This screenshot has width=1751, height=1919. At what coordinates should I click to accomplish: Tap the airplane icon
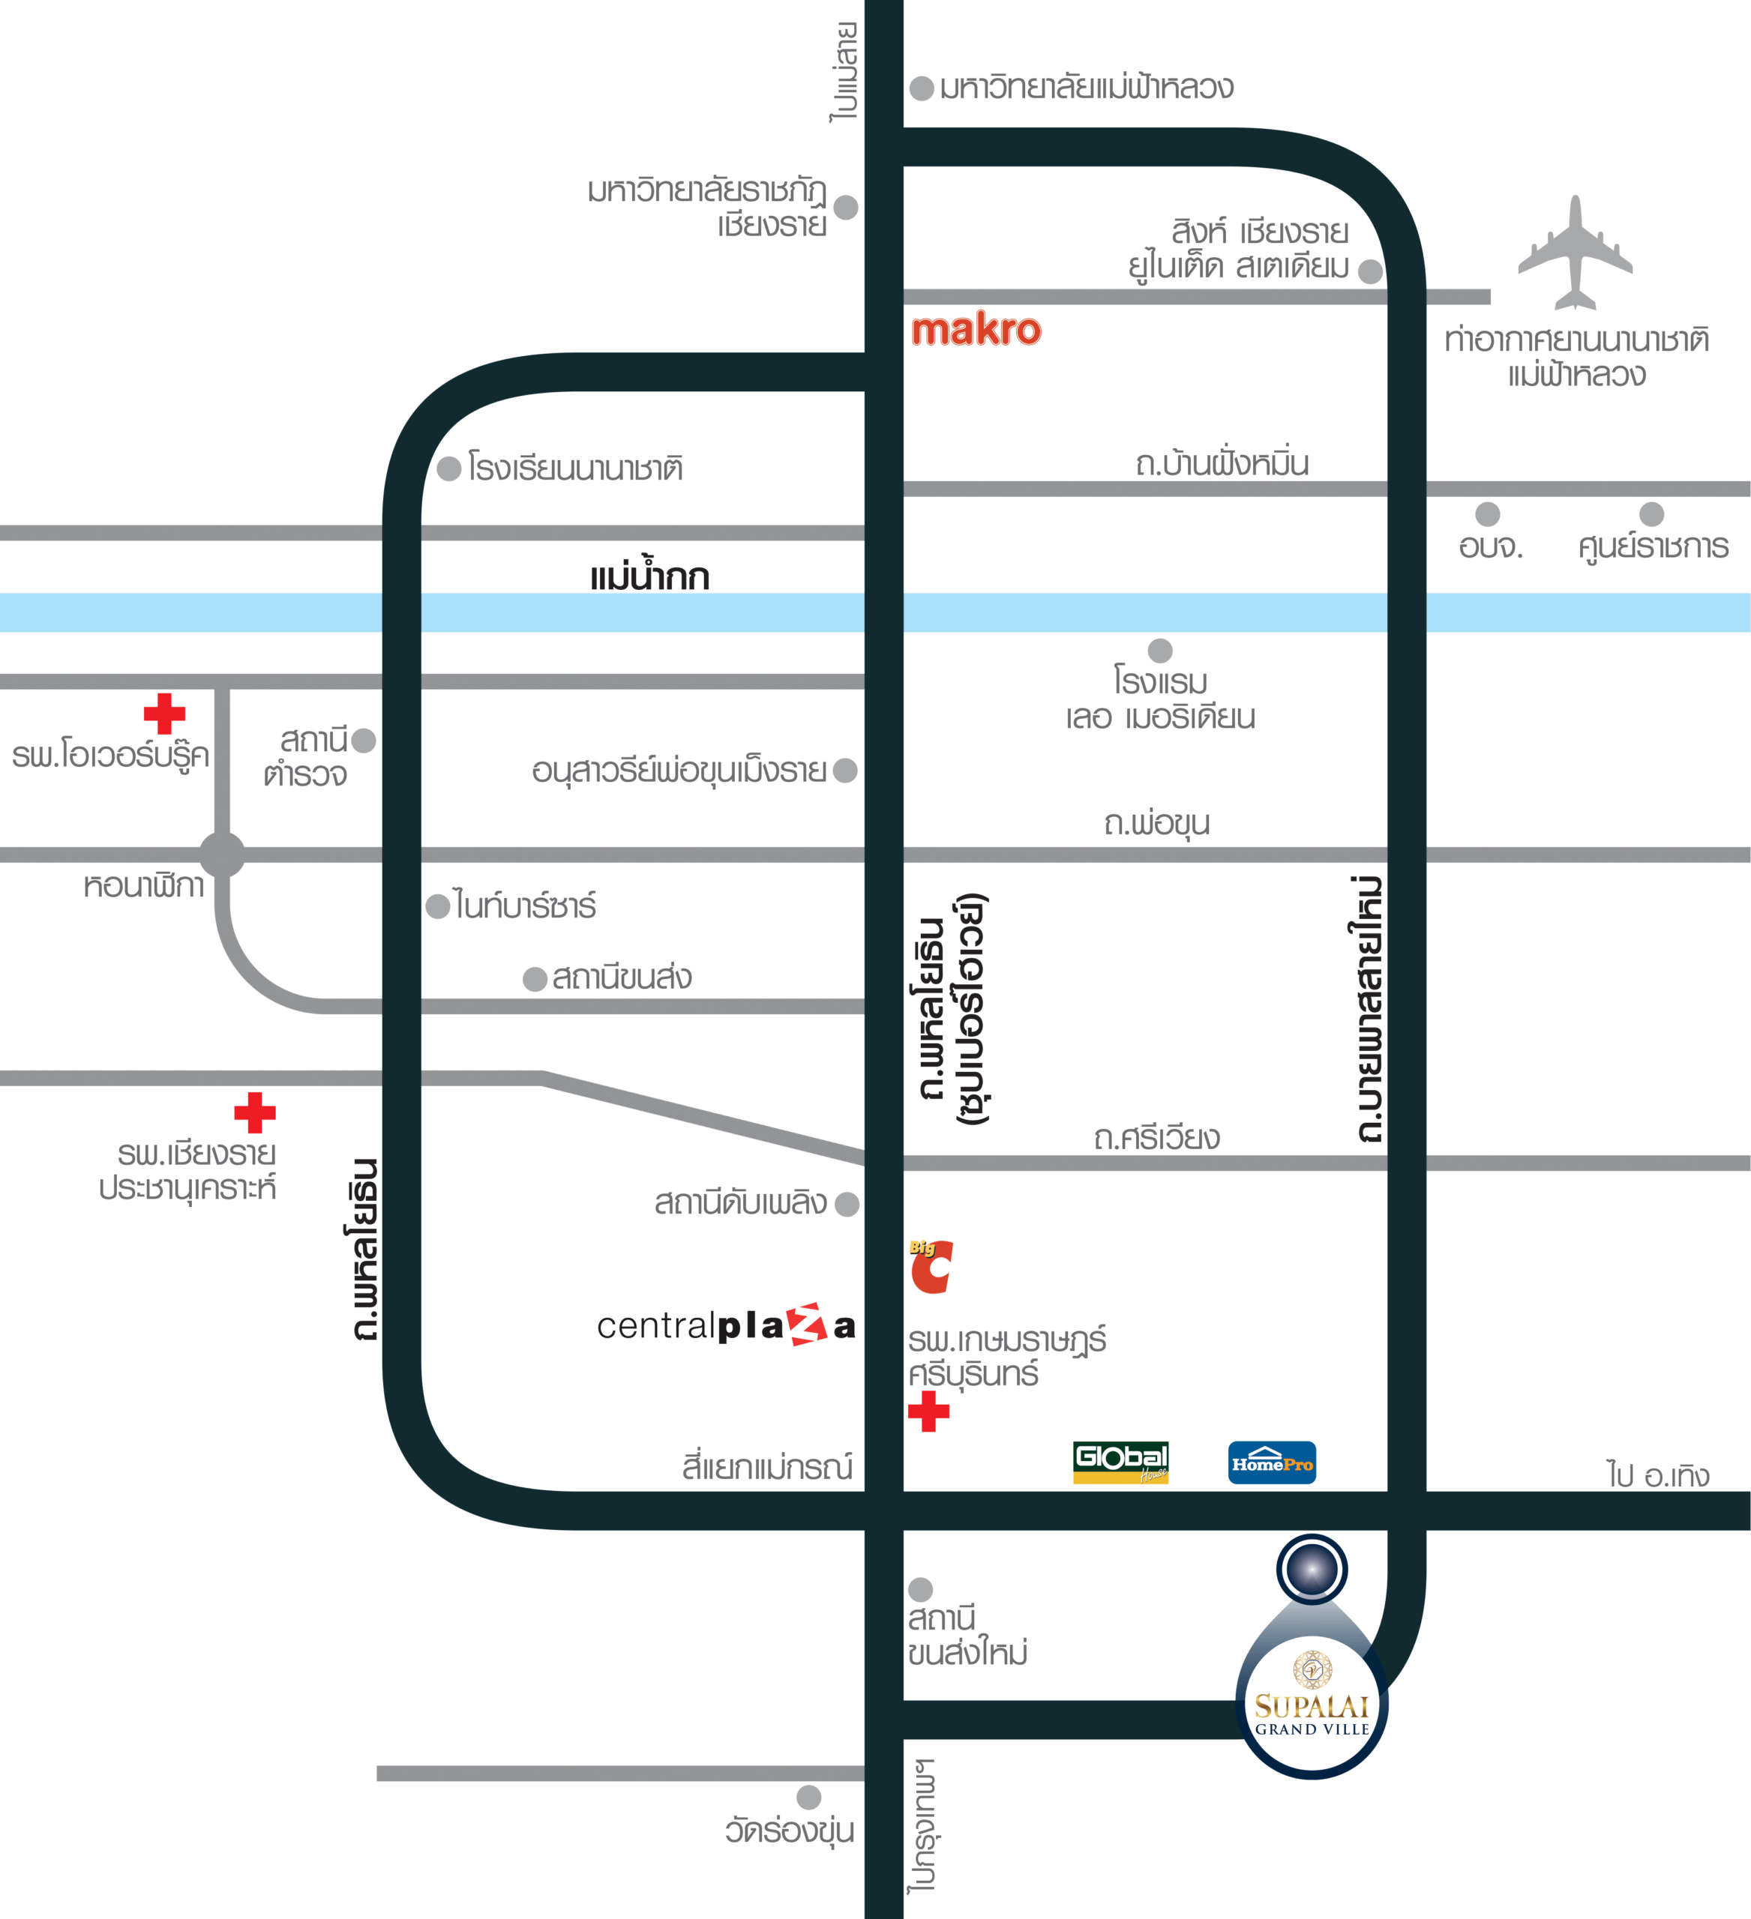coord(1576,255)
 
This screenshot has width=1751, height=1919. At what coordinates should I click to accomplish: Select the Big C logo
coord(931,1267)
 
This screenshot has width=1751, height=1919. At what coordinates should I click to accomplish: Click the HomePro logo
coord(1272,1462)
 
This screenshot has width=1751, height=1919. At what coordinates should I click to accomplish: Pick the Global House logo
coord(1120,1462)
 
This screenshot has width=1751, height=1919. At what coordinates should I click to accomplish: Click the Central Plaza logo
coord(726,1325)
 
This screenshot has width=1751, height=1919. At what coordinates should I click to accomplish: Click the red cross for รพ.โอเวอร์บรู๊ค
coord(165,714)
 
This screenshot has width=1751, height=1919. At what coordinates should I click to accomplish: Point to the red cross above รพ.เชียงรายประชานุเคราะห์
coord(254,1112)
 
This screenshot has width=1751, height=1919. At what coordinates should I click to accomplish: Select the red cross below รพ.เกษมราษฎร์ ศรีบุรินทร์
coord(928,1411)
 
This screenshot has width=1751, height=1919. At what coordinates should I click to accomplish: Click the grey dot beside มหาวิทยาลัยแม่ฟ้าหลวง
coord(921,88)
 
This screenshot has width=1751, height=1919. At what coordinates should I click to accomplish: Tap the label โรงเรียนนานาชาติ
coord(575,469)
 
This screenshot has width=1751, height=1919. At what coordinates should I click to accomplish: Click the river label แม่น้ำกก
coord(649,577)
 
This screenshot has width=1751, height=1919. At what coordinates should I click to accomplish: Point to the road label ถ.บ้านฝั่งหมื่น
coord(1222,463)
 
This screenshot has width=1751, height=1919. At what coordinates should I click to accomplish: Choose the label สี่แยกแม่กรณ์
coord(766,1467)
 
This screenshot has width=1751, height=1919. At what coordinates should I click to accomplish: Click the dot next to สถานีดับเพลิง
coord(847,1204)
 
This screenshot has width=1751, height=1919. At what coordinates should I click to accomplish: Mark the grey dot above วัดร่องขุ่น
coord(808,1797)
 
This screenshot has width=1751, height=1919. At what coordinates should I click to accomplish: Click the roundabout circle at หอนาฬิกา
coord(223,854)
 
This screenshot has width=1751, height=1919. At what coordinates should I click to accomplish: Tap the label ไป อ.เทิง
coord(1658,1475)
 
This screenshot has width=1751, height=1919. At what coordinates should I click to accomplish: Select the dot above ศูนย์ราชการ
coord(1651,514)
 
